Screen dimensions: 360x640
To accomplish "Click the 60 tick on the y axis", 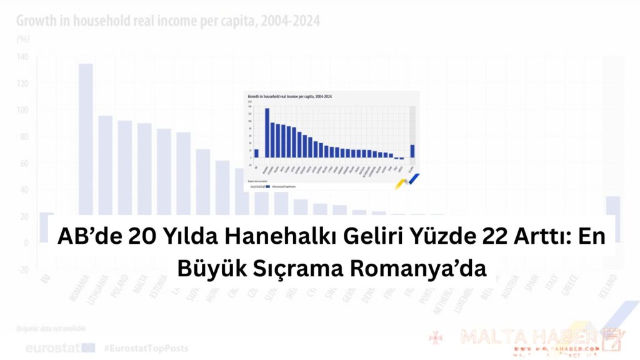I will [23, 163].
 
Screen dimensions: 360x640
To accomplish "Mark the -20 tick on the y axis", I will [22, 269].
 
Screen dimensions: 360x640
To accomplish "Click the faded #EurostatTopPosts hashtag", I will [146, 347].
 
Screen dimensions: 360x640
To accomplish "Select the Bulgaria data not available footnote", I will [52, 328].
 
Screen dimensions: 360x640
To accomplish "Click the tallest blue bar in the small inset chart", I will [267, 132].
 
